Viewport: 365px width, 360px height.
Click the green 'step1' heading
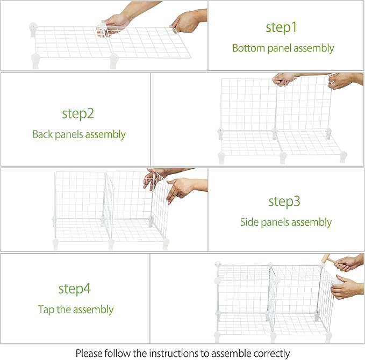[281, 28]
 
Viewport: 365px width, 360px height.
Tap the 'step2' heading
[78, 114]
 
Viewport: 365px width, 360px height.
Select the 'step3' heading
[284, 201]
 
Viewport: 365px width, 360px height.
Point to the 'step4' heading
[75, 289]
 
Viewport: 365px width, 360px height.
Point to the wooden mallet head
[325, 258]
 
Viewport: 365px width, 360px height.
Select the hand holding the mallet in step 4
[347, 263]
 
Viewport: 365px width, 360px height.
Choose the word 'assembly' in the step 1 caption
[314, 49]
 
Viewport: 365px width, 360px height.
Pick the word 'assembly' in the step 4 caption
[93, 310]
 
